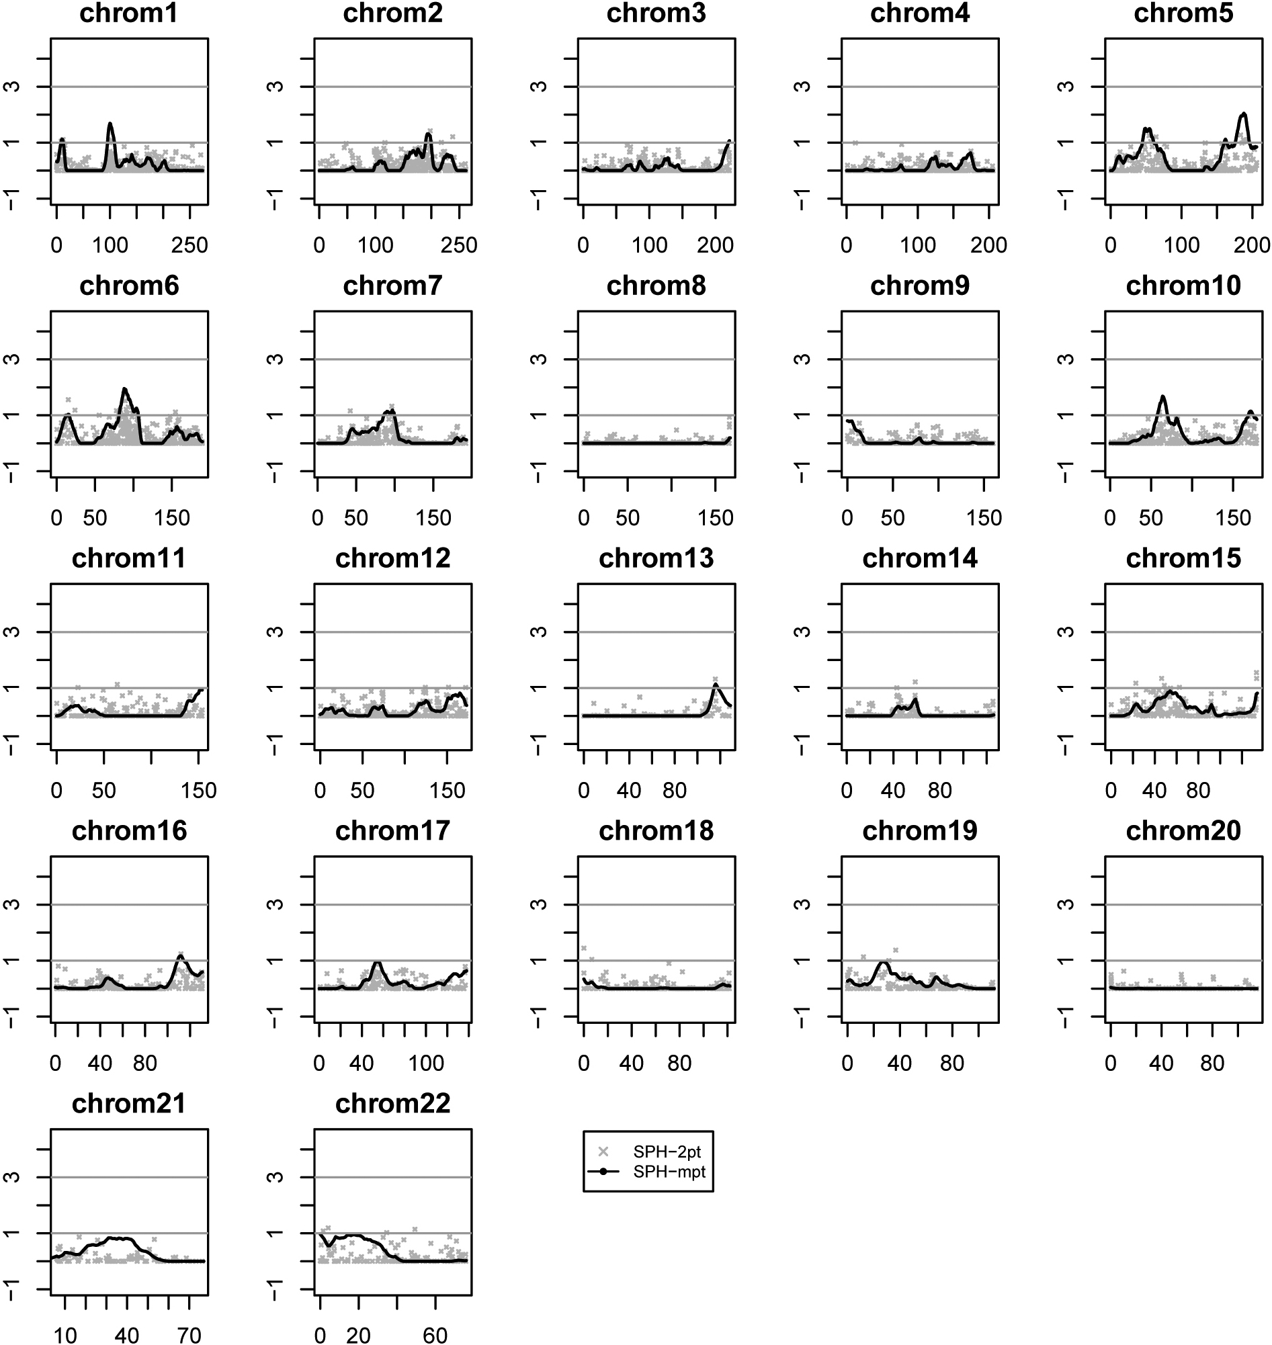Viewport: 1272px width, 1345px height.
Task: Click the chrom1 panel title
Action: point(129,13)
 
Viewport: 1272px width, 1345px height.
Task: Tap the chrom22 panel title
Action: point(392,1104)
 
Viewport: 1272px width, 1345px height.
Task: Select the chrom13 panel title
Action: point(656,558)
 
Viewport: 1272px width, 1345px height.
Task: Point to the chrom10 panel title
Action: point(1183,286)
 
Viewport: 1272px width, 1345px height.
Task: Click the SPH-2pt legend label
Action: point(667,1152)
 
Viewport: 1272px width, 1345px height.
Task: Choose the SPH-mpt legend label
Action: point(669,1172)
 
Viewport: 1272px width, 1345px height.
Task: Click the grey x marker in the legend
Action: point(603,1152)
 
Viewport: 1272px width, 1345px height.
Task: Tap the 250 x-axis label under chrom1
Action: point(189,245)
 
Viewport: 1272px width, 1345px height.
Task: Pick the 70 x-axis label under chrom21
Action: point(189,1336)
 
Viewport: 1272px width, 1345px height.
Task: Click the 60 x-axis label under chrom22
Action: point(435,1336)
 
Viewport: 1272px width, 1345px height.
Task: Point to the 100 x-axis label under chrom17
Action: point(426,1063)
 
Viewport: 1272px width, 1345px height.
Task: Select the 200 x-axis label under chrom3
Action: point(716,245)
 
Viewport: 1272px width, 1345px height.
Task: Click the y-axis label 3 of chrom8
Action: point(538,359)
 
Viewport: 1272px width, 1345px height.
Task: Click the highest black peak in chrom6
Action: point(125,389)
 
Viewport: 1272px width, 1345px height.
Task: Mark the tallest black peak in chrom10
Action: point(1163,396)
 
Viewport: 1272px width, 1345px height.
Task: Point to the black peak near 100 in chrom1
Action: point(110,124)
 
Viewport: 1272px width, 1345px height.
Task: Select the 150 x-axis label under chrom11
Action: point(199,791)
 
